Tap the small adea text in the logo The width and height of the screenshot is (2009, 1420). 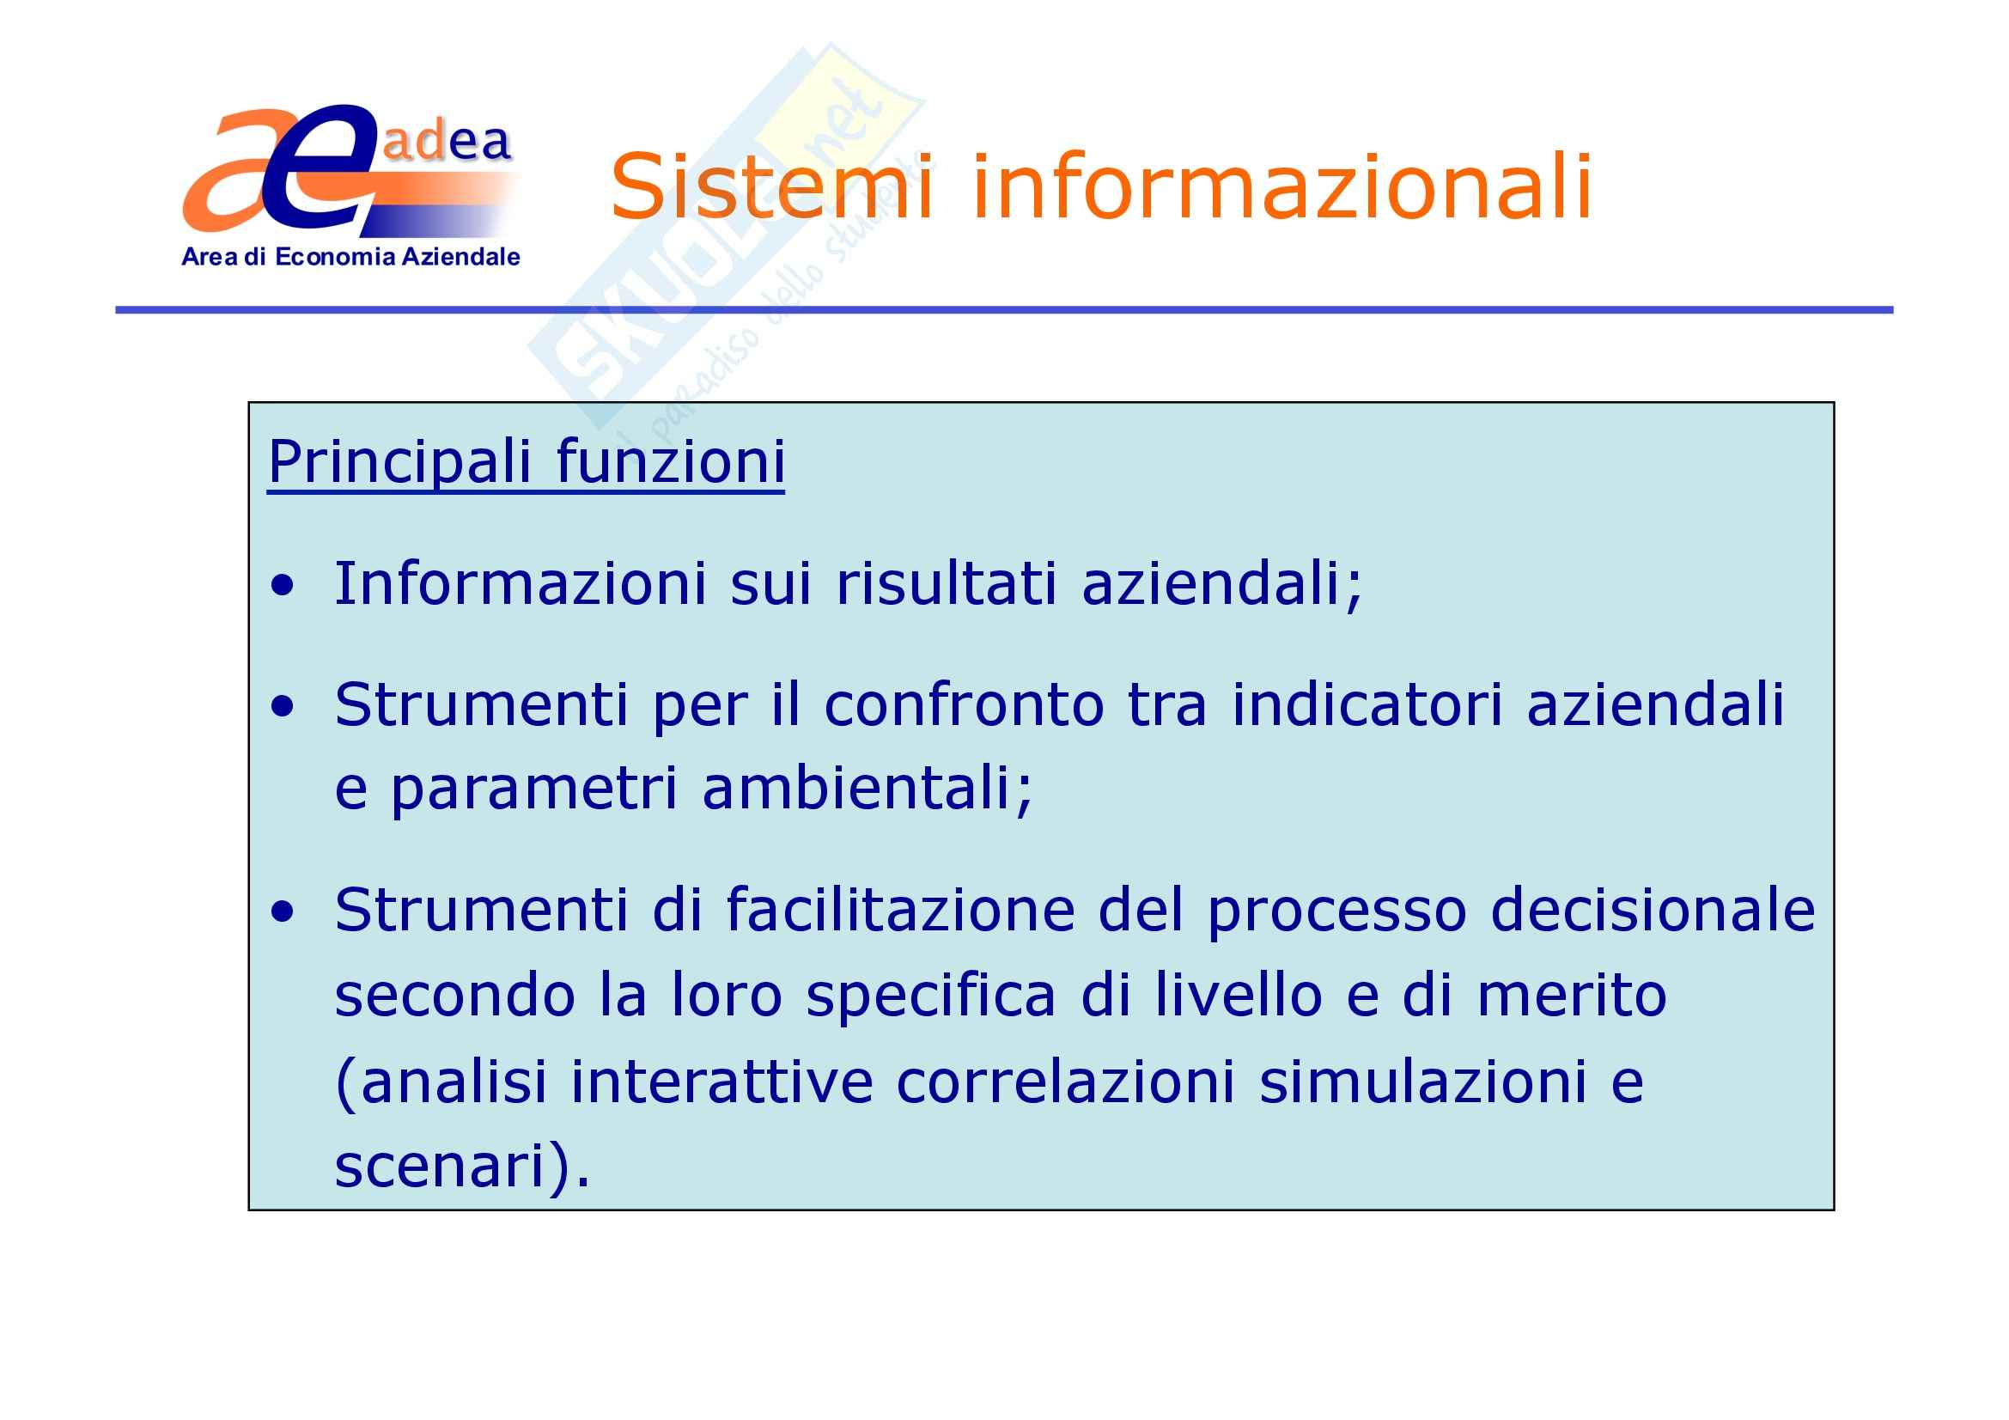point(447,142)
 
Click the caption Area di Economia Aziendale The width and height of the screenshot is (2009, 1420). point(351,256)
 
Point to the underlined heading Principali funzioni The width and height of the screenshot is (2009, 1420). point(526,463)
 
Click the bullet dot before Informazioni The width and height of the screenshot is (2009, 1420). point(283,586)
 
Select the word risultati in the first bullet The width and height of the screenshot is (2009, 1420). point(947,582)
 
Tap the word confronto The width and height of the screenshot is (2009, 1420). point(964,704)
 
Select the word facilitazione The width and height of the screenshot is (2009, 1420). point(899,909)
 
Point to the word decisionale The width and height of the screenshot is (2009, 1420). point(1653,909)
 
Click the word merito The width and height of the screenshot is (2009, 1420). point(1572,995)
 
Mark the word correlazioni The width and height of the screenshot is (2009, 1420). point(1066,1081)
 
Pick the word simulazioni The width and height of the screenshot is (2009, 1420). point(1422,1081)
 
